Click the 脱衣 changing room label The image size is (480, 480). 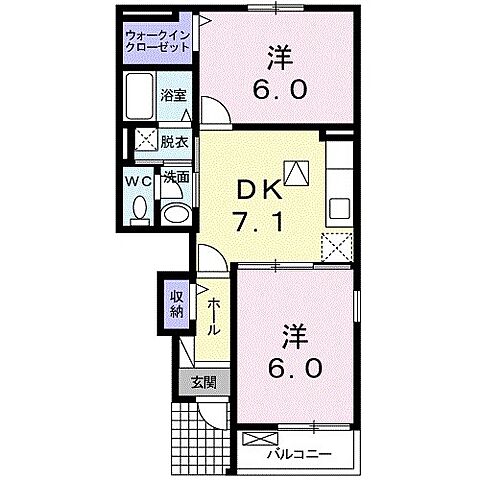point(174,141)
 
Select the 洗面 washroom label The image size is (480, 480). point(176,178)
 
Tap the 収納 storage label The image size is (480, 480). point(177,302)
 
